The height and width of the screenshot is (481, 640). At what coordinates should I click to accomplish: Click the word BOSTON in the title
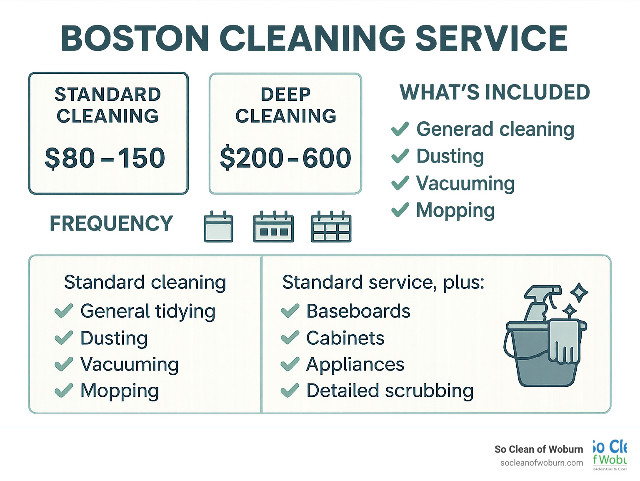tap(135, 38)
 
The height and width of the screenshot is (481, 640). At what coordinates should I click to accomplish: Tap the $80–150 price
tap(105, 158)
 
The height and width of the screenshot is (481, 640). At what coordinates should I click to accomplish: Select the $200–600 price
tap(285, 158)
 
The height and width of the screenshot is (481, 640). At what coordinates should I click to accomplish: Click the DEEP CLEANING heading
tap(285, 105)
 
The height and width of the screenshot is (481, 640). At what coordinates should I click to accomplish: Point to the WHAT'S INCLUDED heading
tap(495, 93)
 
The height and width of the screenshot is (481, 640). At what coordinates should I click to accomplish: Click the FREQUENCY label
tap(111, 223)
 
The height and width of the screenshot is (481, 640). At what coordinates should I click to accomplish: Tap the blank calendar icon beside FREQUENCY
tap(218, 227)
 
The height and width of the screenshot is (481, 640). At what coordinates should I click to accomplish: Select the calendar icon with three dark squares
tap(273, 227)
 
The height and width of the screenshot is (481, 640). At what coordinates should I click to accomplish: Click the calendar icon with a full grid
tap(331, 227)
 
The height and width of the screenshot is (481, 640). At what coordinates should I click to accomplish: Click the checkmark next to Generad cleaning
tap(400, 129)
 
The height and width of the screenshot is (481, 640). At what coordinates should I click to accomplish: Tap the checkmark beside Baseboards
tap(290, 311)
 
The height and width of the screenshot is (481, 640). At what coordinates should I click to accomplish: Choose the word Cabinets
tap(345, 338)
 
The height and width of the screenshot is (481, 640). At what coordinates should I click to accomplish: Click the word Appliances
tap(355, 365)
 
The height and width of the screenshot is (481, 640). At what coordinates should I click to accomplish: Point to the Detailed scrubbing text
tap(390, 391)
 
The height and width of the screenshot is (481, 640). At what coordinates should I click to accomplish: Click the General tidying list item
tap(147, 311)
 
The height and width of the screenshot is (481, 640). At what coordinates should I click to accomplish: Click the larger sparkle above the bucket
tap(579, 292)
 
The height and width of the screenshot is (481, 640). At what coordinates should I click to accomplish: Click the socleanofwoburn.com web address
tap(541, 463)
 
